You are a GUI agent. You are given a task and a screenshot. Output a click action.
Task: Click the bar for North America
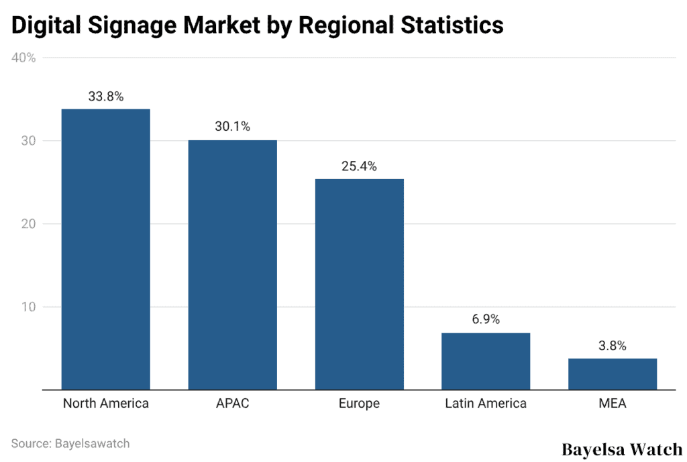(x=105, y=249)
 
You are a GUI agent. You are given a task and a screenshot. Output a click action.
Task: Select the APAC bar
(x=232, y=264)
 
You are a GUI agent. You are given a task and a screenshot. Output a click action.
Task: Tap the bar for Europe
(x=359, y=284)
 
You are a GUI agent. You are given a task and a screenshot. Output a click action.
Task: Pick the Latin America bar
(x=486, y=361)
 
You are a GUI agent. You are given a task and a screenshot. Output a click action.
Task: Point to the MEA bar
(x=613, y=373)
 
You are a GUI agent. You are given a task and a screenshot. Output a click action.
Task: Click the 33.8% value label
(x=105, y=97)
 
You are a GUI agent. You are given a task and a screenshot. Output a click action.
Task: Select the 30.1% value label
(x=232, y=127)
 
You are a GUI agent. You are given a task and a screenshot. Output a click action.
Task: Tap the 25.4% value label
(x=359, y=166)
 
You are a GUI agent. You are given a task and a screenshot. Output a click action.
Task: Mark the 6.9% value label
(x=486, y=319)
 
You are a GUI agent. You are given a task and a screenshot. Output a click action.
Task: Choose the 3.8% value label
(x=613, y=346)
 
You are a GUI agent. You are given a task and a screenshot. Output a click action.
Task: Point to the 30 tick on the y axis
(x=28, y=141)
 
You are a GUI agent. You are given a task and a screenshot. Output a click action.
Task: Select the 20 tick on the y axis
(x=28, y=224)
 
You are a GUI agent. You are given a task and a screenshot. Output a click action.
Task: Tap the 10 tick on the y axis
(x=28, y=307)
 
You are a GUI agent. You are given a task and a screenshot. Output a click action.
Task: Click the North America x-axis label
(x=105, y=404)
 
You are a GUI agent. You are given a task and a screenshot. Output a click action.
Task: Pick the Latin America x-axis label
(x=486, y=404)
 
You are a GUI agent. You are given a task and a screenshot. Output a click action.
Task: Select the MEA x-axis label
(x=613, y=404)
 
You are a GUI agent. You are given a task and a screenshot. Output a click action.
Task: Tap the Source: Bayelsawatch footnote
(x=70, y=443)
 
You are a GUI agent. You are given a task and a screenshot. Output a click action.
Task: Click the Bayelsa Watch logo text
(x=622, y=449)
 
